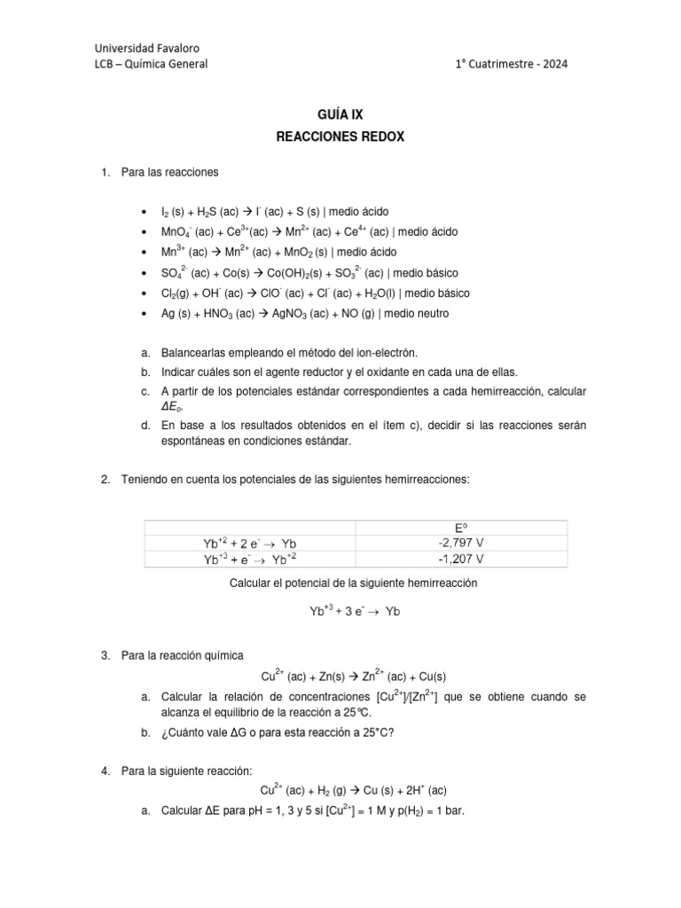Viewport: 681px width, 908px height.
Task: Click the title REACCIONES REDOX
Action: click(x=340, y=137)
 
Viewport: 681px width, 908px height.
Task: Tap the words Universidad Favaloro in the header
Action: click(x=147, y=47)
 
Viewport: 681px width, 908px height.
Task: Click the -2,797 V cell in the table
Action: click(x=461, y=542)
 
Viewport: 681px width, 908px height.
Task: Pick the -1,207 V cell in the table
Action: click(x=461, y=559)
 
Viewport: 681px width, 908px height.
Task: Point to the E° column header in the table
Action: click(x=461, y=526)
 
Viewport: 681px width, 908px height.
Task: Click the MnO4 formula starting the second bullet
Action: click(x=174, y=232)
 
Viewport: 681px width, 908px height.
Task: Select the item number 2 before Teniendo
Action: click(x=105, y=480)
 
